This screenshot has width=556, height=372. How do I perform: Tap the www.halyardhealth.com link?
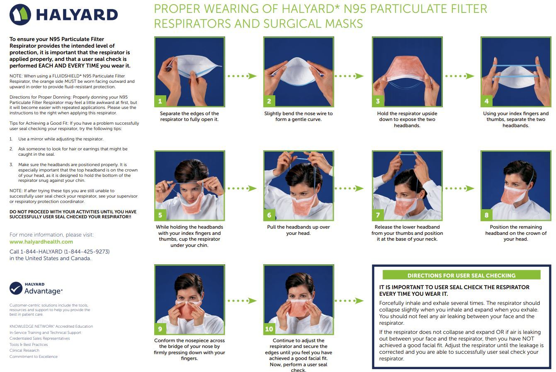point(41,242)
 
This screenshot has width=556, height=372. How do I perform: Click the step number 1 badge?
point(160,101)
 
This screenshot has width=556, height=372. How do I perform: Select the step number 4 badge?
point(486,101)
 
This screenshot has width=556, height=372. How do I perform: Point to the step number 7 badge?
point(378,215)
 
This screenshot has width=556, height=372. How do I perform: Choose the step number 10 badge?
point(269,329)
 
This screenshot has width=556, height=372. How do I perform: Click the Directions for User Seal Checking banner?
point(461,275)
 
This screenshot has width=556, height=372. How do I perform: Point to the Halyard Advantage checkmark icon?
point(16,288)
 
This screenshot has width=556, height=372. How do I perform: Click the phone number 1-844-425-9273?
point(86,251)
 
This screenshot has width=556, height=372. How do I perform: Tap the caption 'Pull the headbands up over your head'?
point(298,230)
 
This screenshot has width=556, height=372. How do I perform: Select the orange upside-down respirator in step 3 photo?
point(406,68)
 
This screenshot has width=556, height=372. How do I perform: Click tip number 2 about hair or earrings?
point(73,151)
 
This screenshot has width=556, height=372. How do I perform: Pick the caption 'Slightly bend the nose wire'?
point(298,116)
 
